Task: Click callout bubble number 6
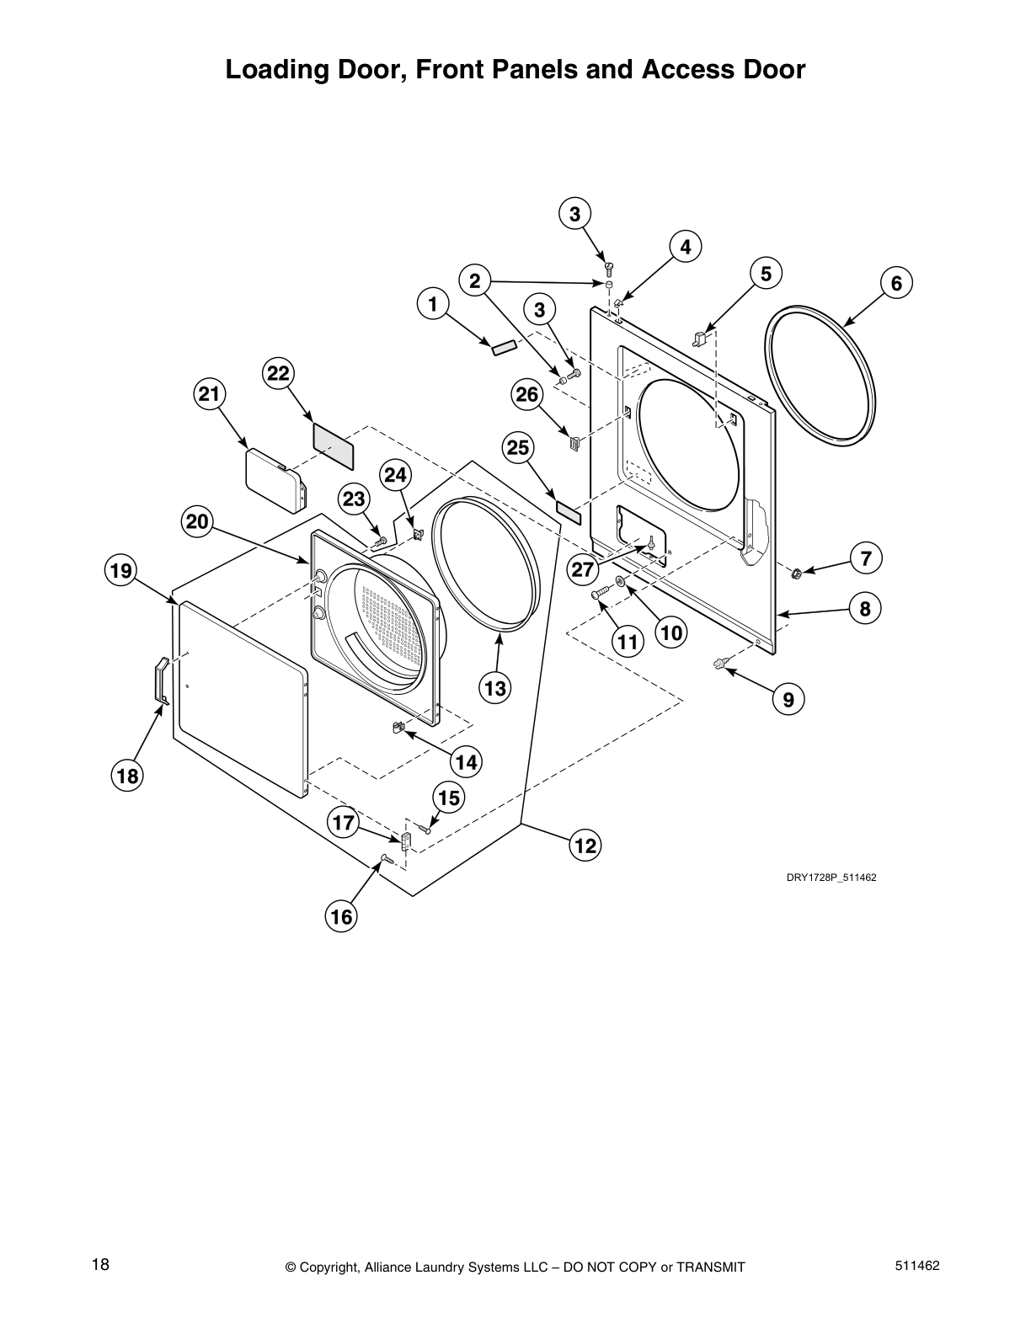(896, 284)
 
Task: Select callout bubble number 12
(585, 845)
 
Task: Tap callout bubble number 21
(210, 393)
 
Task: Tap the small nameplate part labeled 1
(503, 349)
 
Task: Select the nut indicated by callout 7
(795, 574)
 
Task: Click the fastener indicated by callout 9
(718, 664)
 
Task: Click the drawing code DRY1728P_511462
(831, 878)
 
